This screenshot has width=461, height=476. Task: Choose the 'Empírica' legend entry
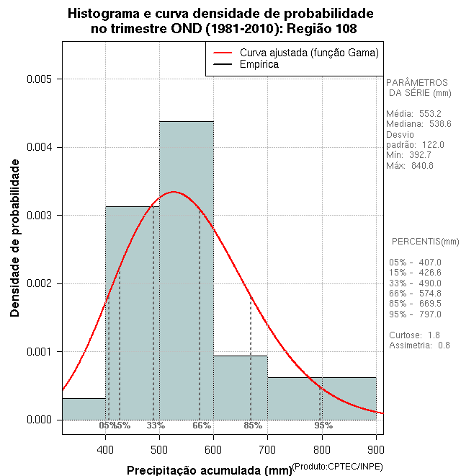[259, 64]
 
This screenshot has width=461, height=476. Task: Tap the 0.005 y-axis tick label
[40, 79]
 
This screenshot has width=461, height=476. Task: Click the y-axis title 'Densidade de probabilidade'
[14, 238]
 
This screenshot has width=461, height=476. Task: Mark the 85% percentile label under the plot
[253, 426]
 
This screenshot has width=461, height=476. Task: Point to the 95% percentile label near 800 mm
[323, 426]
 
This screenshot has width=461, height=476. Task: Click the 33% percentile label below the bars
[156, 426]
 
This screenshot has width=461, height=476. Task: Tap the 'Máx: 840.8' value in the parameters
[410, 166]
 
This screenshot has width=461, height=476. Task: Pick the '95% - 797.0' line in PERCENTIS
[415, 314]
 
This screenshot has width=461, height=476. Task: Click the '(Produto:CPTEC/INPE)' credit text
[338, 467]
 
